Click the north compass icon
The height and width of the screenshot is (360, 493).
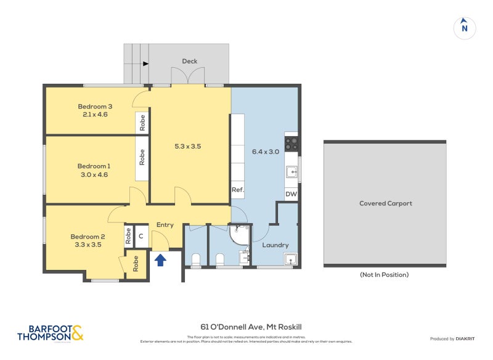pyautogui.click(x=465, y=27)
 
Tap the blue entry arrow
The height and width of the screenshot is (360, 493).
pyautogui.click(x=160, y=260)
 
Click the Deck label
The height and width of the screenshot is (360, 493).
pyautogui.click(x=189, y=61)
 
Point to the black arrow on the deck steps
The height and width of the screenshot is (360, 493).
pyautogui.click(x=145, y=63)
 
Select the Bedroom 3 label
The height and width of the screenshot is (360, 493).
pyautogui.click(x=94, y=106)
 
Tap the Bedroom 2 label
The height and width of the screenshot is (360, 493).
pyautogui.click(x=88, y=237)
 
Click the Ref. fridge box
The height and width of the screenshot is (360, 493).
pyautogui.click(x=237, y=190)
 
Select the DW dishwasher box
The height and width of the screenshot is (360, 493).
pyautogui.click(x=291, y=195)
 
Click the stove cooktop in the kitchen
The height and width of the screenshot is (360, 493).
pyautogui.click(x=291, y=144)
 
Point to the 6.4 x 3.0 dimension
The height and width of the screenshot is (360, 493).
pyautogui.click(x=266, y=151)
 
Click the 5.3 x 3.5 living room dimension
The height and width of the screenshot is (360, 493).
pyautogui.click(x=188, y=147)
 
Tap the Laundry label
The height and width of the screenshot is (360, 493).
pyautogui.click(x=275, y=245)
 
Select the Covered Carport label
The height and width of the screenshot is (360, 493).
pyautogui.click(x=385, y=203)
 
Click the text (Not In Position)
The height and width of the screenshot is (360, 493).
pyautogui.click(x=385, y=275)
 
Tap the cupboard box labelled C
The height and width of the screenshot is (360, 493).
pyautogui.click(x=141, y=235)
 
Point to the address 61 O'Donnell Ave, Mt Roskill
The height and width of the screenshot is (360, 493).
pyautogui.click(x=251, y=327)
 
